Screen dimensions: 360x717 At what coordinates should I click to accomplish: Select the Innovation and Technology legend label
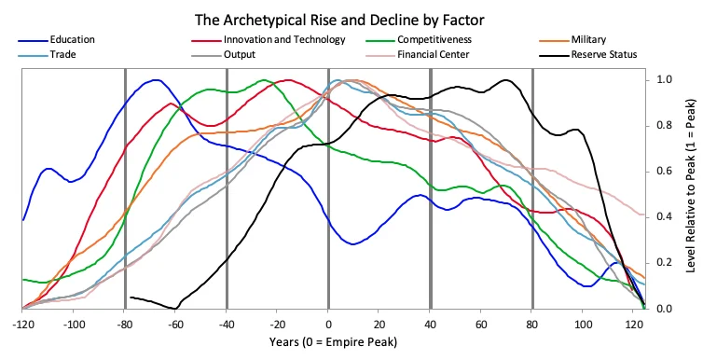point(284,40)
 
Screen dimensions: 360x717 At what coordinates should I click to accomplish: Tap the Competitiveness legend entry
point(434,40)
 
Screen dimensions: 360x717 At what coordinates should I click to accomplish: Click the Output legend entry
point(241,55)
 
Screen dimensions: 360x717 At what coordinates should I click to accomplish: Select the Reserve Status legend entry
point(603,55)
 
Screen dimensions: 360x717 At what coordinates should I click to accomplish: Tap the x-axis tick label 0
point(328,325)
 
